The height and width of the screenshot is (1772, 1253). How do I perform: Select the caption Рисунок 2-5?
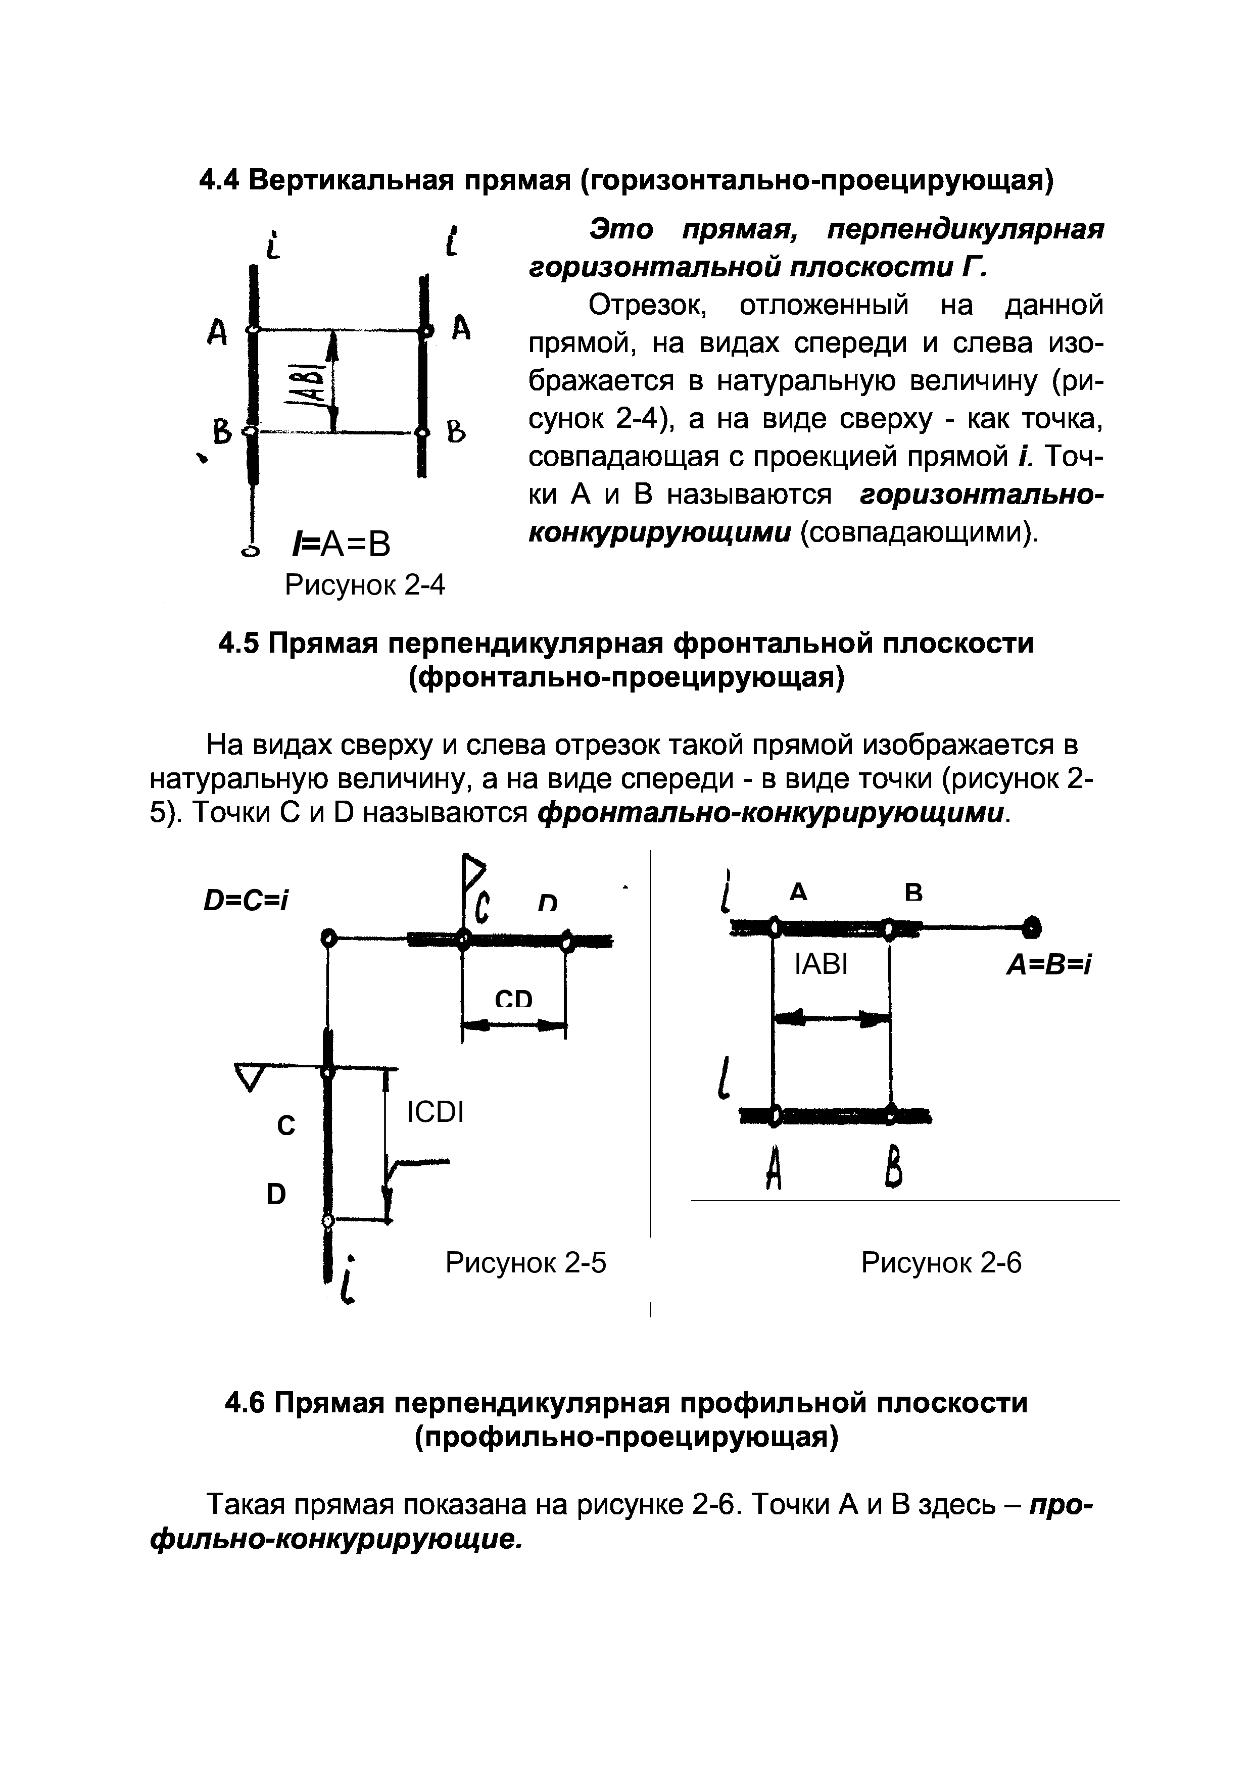526,1263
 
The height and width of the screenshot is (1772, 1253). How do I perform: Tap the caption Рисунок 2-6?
941,1263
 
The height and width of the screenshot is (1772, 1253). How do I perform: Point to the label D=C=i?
246,900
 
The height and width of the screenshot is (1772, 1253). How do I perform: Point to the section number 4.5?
239,643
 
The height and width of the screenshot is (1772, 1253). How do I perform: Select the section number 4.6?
245,1402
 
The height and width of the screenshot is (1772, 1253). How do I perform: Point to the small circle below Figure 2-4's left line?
250,550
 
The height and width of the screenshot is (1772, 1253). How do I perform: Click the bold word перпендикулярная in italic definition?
965,230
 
